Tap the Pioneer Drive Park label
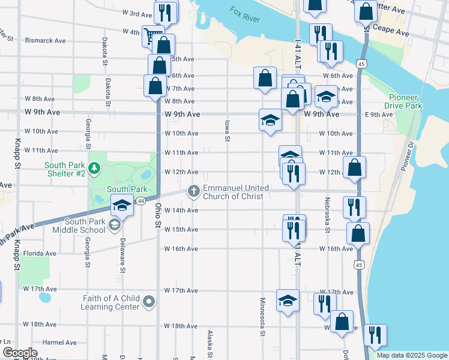tap(405, 101)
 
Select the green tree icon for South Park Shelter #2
tap(94, 169)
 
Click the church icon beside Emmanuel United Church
tap(193, 191)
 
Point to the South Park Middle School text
tap(79, 226)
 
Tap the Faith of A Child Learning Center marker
tap(149, 305)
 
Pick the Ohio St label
tap(158, 214)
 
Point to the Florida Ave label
tap(40, 253)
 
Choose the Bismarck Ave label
tap(46, 41)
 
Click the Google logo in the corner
tap(20, 353)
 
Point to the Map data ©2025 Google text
tap(411, 355)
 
